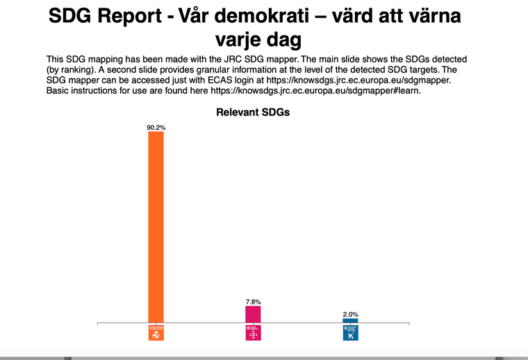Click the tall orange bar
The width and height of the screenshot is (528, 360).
tap(156, 227)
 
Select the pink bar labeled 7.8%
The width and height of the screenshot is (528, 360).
tap(253, 314)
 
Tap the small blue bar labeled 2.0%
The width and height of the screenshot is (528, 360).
tap(350, 320)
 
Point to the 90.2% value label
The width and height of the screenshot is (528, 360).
tap(156, 128)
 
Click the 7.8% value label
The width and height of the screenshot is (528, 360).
tap(253, 302)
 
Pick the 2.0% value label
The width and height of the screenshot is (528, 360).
tap(350, 314)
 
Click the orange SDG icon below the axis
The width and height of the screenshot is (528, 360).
tap(156, 332)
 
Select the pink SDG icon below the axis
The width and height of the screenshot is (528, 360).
tap(253, 332)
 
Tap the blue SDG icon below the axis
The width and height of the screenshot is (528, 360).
tap(350, 332)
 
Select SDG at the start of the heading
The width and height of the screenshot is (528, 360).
tap(69, 16)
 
